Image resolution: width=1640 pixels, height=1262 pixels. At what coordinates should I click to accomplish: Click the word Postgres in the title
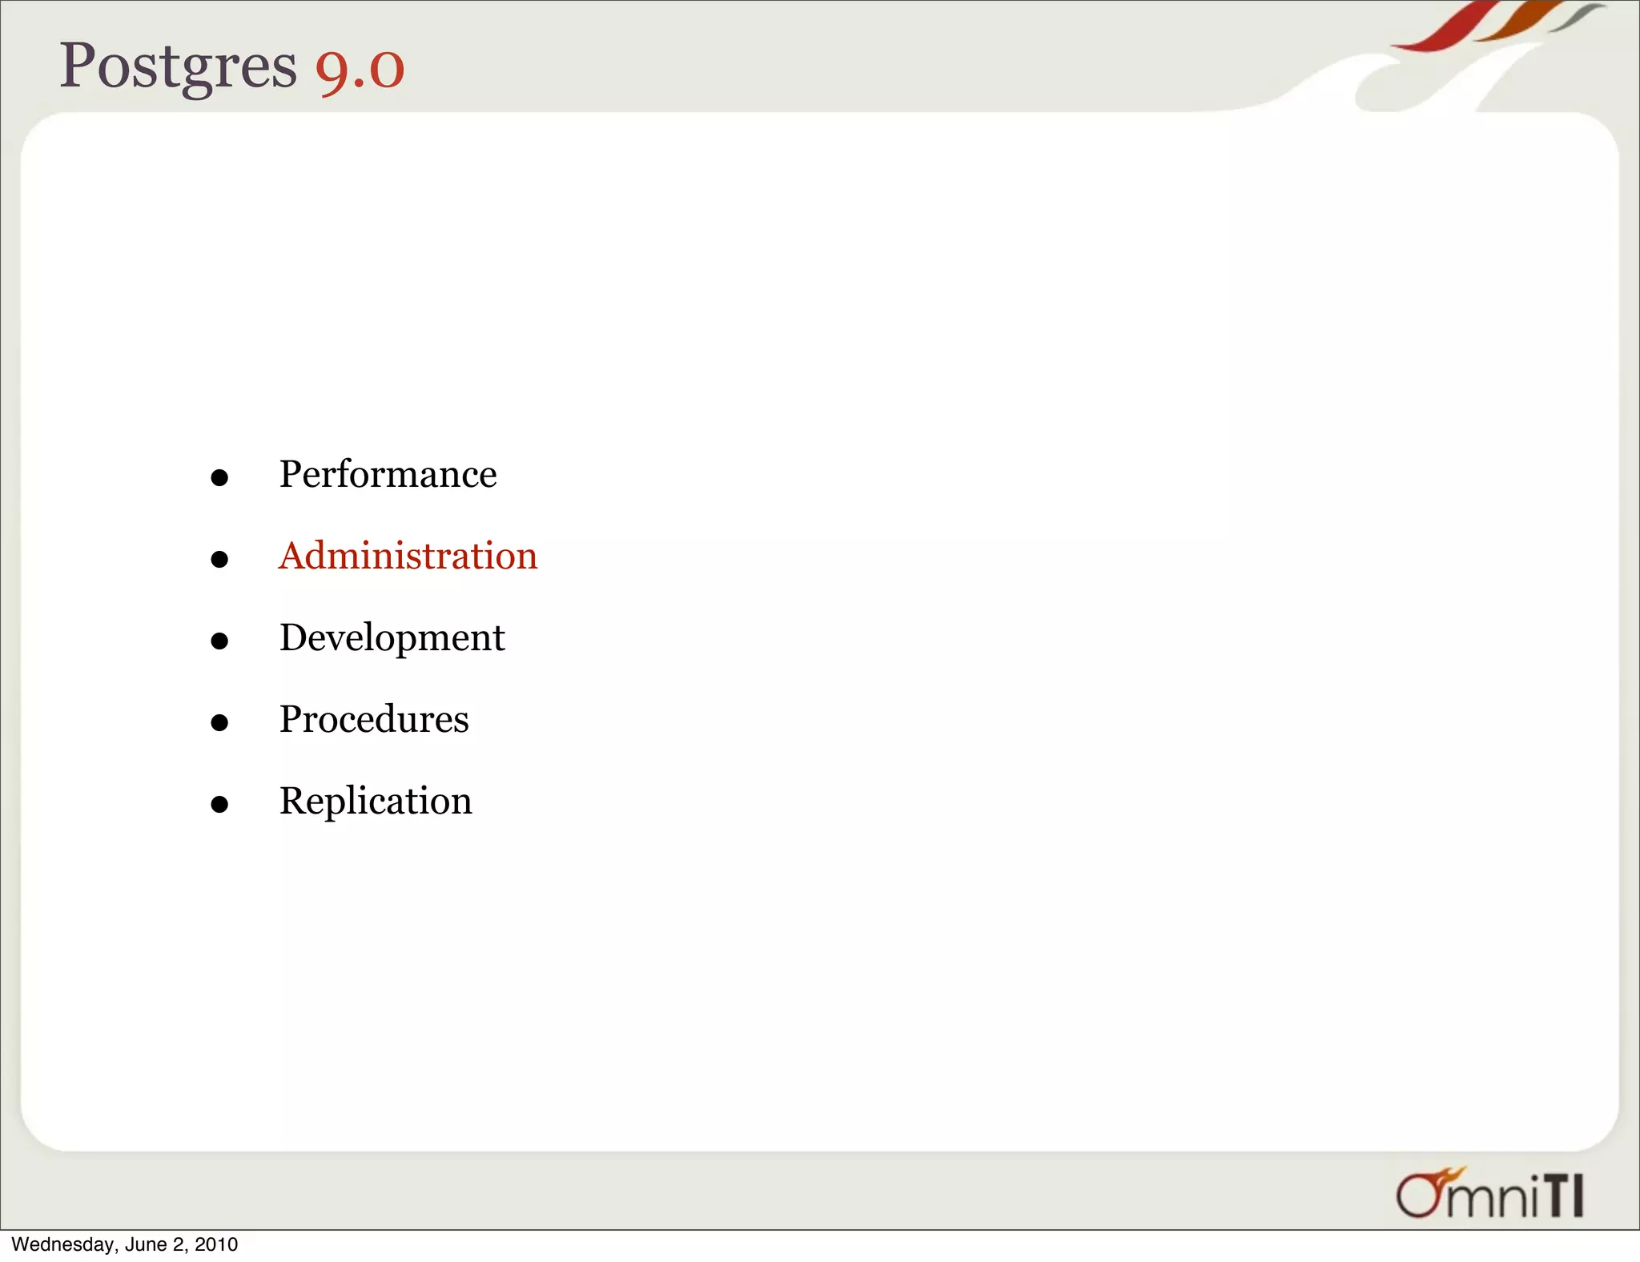(x=178, y=66)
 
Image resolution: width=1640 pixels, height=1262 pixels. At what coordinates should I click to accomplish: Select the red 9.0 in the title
(x=360, y=69)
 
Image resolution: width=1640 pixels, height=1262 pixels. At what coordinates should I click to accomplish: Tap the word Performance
(x=388, y=474)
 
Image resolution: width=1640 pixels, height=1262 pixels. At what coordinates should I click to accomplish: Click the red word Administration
(x=408, y=556)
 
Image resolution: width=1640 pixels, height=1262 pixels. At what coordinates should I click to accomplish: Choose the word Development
(x=392, y=638)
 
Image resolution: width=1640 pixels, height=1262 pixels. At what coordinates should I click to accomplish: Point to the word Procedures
(x=374, y=719)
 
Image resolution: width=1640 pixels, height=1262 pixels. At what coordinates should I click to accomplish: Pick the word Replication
(x=376, y=801)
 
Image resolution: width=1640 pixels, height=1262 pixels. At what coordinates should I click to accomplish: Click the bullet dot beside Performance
(x=219, y=478)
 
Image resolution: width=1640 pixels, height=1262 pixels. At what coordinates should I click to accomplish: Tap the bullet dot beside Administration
(x=219, y=559)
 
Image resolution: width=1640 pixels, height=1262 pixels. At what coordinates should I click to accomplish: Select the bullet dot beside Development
(x=219, y=641)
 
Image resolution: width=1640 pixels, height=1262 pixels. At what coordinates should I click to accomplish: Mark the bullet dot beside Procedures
(x=219, y=722)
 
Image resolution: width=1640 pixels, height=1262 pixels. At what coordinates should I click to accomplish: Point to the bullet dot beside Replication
(x=219, y=804)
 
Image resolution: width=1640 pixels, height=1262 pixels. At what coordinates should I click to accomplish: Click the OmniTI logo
(x=1489, y=1194)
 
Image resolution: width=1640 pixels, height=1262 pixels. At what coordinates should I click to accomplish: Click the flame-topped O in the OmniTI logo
(x=1419, y=1194)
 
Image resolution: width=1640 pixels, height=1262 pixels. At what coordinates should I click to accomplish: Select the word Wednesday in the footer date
(x=63, y=1244)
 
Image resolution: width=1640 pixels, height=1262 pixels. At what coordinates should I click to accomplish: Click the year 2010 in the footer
(x=216, y=1244)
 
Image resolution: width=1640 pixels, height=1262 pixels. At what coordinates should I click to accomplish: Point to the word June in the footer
(x=146, y=1244)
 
